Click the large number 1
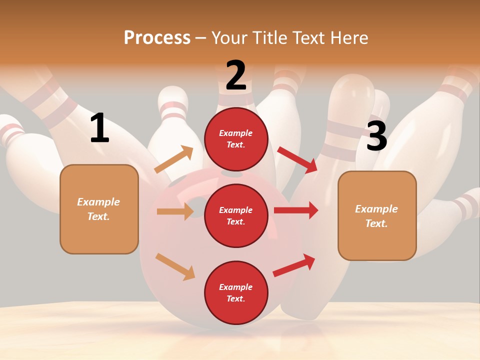(x=99, y=128)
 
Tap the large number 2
(x=236, y=75)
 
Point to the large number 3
(x=377, y=136)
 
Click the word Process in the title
(x=157, y=37)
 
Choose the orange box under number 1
(x=99, y=209)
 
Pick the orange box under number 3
(x=377, y=215)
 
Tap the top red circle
(x=236, y=139)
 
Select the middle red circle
(x=236, y=215)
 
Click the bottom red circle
(x=236, y=292)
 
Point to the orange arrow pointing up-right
(x=174, y=159)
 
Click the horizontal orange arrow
(x=175, y=211)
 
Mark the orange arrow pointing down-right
(x=175, y=266)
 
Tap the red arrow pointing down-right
(x=297, y=159)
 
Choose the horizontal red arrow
(x=296, y=210)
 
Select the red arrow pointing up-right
(x=294, y=265)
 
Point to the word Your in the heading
(x=229, y=37)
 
